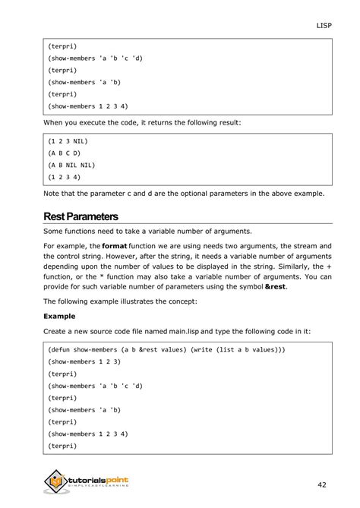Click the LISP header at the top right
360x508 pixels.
(324, 25)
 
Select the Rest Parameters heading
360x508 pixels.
(86, 216)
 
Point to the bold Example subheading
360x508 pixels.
(60, 315)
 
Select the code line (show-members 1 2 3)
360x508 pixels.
(89, 362)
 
